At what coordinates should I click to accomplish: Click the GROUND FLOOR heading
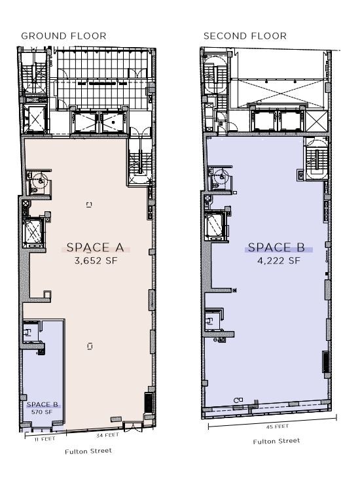pos(63,36)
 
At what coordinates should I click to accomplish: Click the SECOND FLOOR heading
pos(245,36)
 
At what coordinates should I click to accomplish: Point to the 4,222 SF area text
pos(278,260)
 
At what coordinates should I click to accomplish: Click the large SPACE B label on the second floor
pos(278,248)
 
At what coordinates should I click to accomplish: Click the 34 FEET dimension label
pos(107,435)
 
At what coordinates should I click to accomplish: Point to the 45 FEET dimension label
pos(277,426)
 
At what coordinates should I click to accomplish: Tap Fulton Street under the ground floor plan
pos(88,451)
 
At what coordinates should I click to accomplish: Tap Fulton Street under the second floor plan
pos(276,441)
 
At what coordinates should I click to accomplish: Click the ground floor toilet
pos(41,181)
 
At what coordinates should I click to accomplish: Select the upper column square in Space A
pos(89,205)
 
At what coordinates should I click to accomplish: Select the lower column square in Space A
pos(89,345)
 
